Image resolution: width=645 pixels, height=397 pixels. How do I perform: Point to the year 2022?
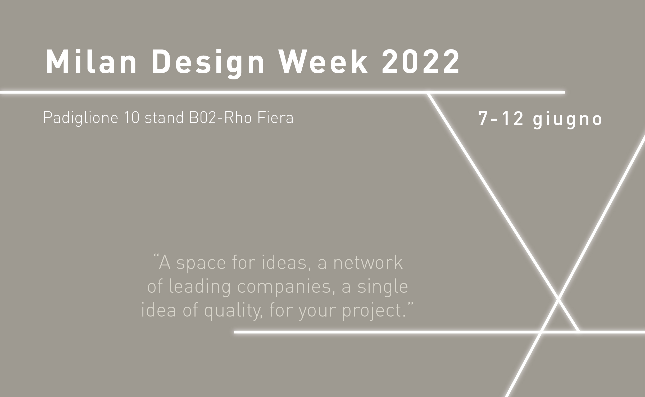[420, 61]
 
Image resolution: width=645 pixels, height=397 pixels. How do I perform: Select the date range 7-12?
[501, 119]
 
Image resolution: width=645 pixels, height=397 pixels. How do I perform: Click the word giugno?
[567, 120]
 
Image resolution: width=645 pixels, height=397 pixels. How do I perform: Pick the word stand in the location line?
[164, 118]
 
